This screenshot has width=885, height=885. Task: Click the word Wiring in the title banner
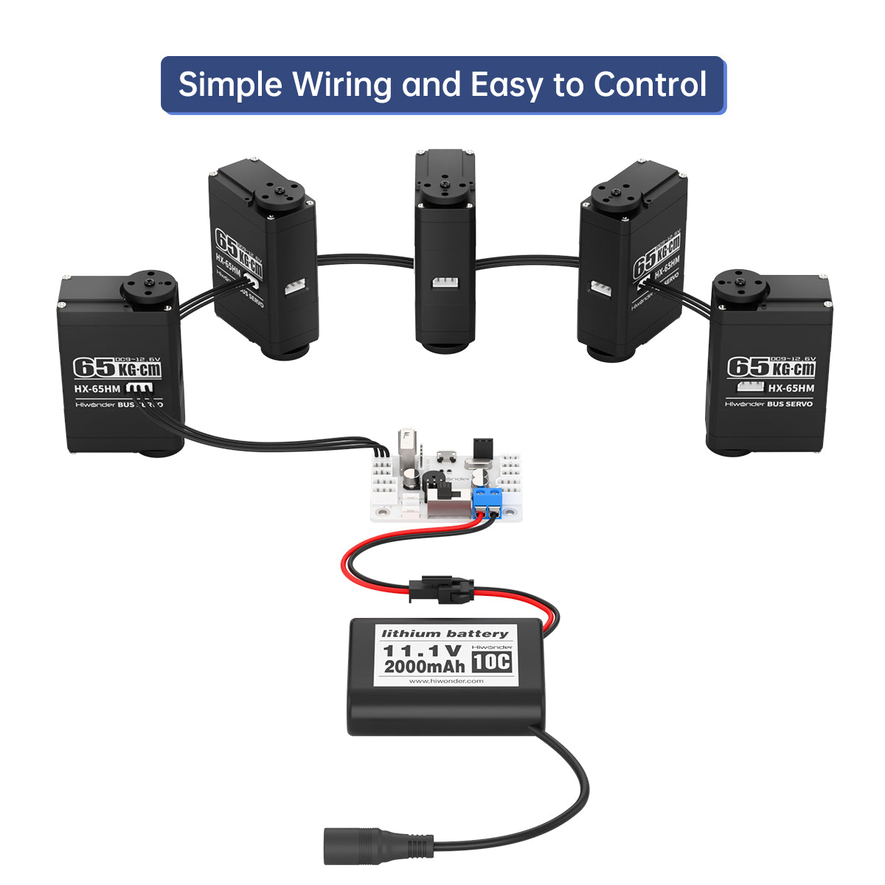(341, 85)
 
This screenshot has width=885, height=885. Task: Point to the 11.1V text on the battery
(422, 650)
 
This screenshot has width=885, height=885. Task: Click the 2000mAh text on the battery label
(424, 667)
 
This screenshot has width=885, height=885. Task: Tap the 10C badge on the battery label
(491, 662)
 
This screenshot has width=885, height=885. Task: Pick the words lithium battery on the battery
(445, 634)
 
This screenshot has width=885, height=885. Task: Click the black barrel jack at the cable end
(360, 846)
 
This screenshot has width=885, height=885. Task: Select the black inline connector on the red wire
(441, 589)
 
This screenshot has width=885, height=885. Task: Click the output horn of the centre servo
(445, 182)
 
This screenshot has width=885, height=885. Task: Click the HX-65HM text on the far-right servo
(791, 388)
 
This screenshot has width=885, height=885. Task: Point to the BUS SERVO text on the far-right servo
(789, 404)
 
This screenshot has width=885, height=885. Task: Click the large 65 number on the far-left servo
(93, 367)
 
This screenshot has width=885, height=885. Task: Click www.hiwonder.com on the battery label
(446, 681)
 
